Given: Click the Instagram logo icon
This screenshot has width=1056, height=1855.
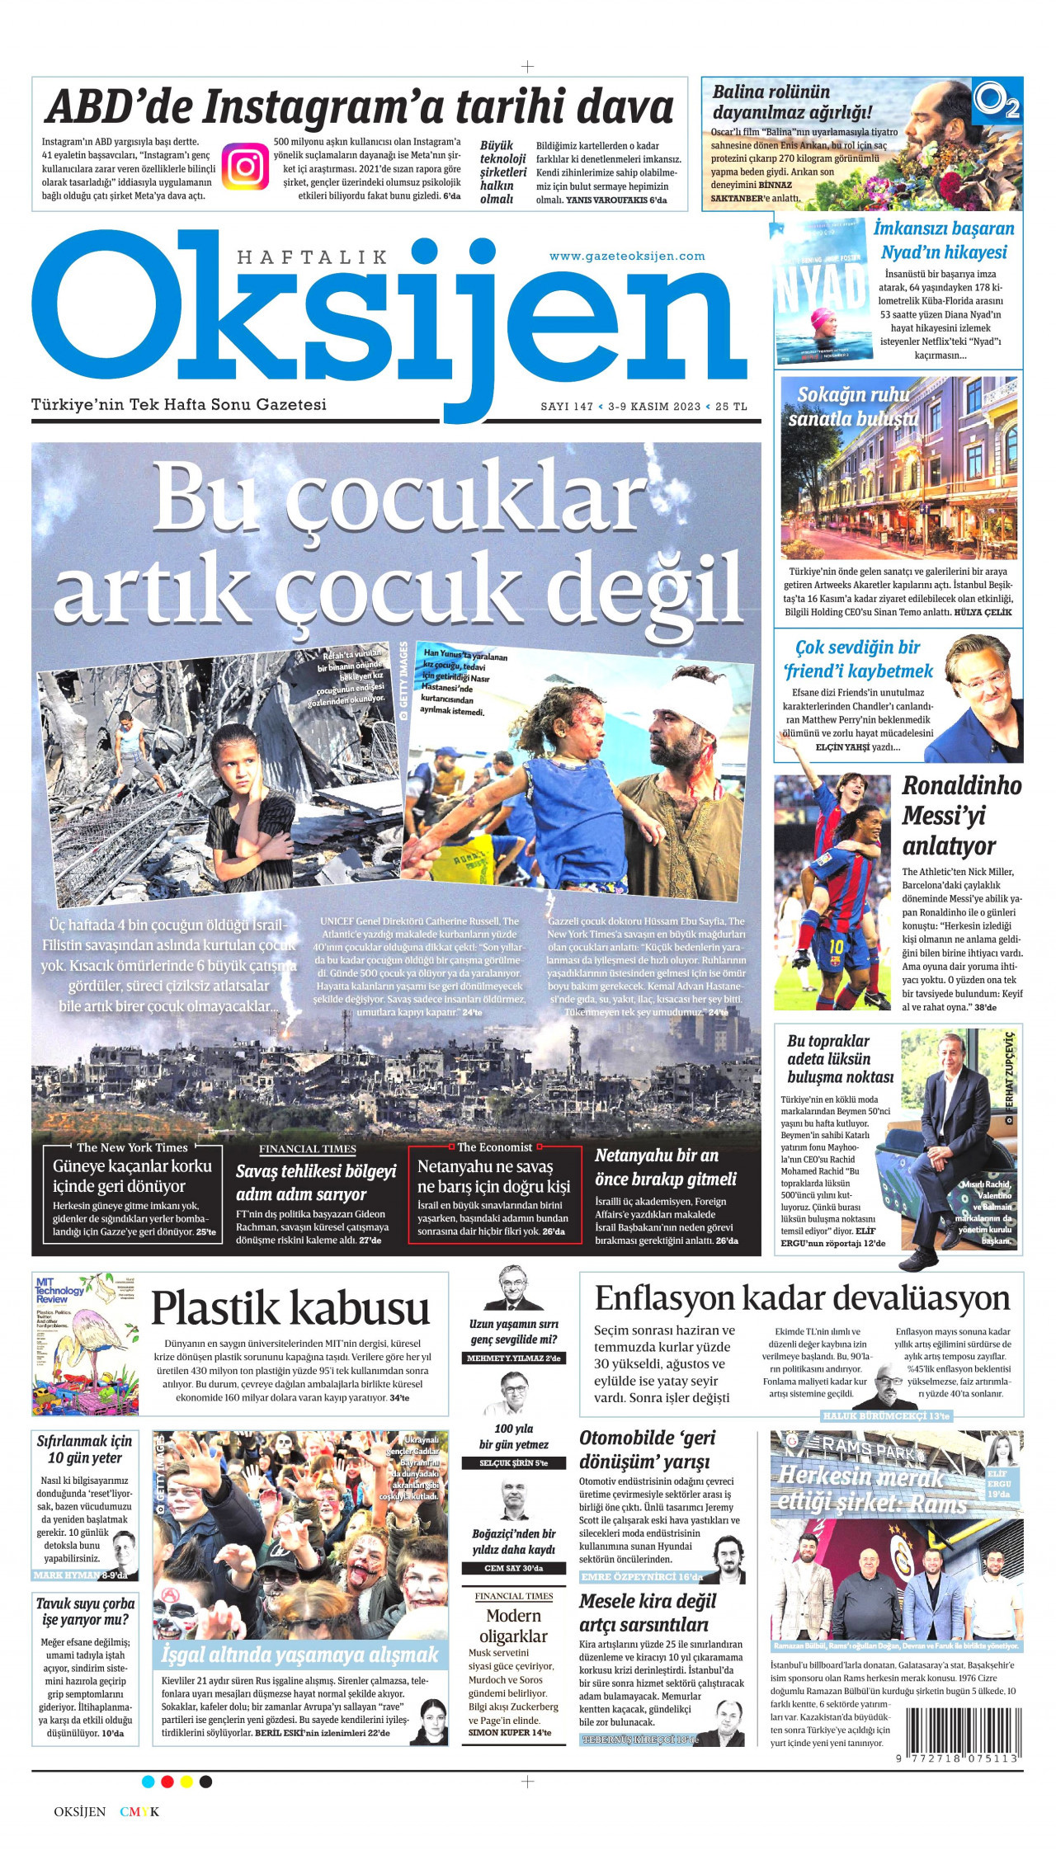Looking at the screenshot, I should [245, 166].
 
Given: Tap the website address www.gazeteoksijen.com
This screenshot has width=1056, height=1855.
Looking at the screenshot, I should [627, 256].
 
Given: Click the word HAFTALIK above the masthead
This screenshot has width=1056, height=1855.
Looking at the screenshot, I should [312, 257].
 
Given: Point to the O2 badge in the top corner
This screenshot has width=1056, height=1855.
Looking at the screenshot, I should [997, 101].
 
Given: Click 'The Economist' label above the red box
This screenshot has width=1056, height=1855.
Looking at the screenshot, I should [494, 1147].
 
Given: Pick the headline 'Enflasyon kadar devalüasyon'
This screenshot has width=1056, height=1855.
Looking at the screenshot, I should [802, 1298].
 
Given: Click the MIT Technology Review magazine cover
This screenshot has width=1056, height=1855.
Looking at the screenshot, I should [85, 1344].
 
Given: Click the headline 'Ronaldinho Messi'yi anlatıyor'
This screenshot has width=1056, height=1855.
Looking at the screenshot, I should [961, 816].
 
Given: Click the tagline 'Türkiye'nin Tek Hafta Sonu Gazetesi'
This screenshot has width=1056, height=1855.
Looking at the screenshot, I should [179, 405].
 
